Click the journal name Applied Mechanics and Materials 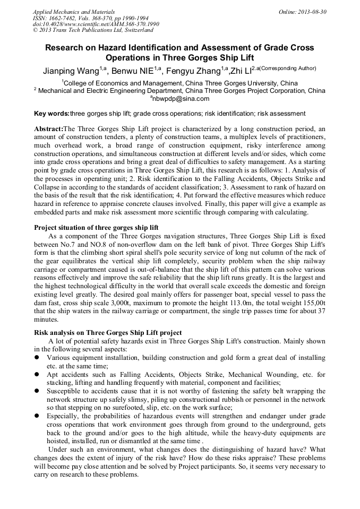pos(73,11)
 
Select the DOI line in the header pos(96,24)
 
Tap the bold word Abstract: pos(48,129)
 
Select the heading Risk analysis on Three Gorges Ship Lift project pos(108,333)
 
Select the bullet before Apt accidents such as pos(37,374)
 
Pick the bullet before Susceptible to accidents pos(37,391)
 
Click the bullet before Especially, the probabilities pos(37,416)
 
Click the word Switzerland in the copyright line pos(135,30)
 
